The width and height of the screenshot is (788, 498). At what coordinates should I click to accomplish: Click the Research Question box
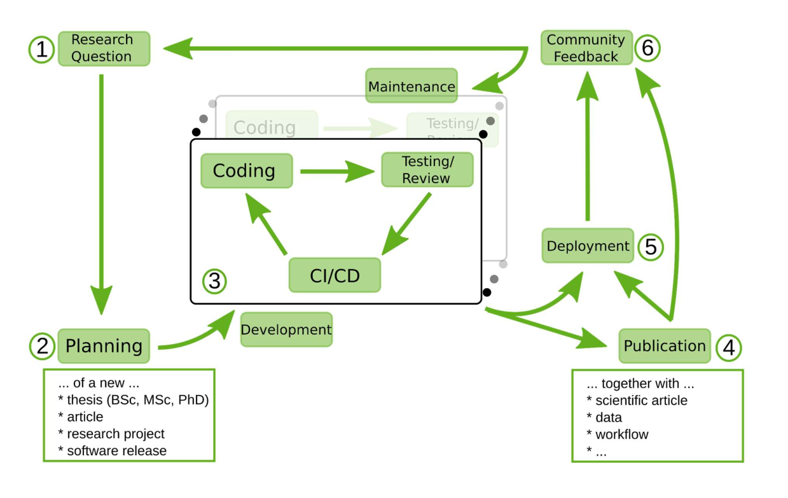pyautogui.click(x=104, y=48)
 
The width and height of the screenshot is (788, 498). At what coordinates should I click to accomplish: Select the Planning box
pyautogui.click(x=104, y=346)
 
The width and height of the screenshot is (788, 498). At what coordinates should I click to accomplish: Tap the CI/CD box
pyautogui.click(x=335, y=275)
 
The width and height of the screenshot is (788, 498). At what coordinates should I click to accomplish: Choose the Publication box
pyautogui.click(x=664, y=346)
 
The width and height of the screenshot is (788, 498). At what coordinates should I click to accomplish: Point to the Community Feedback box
pyautogui.click(x=586, y=48)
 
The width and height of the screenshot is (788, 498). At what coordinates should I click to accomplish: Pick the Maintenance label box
pyautogui.click(x=411, y=86)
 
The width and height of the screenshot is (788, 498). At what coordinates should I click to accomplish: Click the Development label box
pyautogui.click(x=286, y=329)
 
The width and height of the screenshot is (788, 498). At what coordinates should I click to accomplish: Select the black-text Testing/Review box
pyautogui.click(x=427, y=170)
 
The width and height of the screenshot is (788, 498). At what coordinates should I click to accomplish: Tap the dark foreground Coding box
pyautogui.click(x=246, y=171)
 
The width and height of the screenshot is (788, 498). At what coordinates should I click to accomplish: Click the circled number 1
pyautogui.click(x=41, y=50)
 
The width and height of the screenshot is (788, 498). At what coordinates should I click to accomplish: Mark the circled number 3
pyautogui.click(x=214, y=280)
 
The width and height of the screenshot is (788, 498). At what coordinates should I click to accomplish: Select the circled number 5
pyautogui.click(x=650, y=247)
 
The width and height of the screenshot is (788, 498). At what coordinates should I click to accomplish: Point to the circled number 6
pyautogui.click(x=647, y=48)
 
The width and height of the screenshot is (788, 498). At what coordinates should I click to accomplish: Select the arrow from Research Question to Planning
pyautogui.click(x=101, y=191)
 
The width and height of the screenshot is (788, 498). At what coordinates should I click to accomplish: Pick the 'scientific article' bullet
pyautogui.click(x=641, y=400)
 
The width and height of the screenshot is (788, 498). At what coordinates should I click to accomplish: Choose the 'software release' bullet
pyautogui.click(x=116, y=450)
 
